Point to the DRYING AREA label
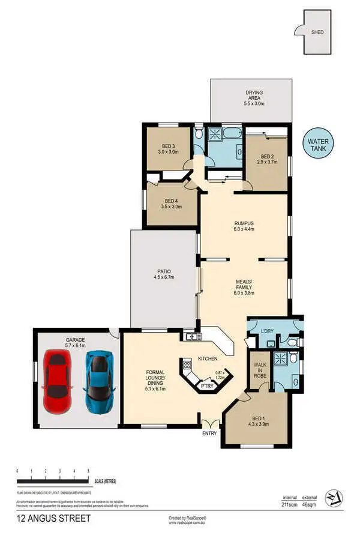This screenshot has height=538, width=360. pos(254,98)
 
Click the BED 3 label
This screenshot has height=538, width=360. pos(168,148)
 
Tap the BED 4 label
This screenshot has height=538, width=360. pos(171,203)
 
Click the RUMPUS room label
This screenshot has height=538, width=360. pos(244,226)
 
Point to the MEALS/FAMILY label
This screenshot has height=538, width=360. pos(244,289)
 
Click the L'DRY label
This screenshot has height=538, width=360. pos(268,331)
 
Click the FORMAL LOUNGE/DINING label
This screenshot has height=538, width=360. pos(155,381)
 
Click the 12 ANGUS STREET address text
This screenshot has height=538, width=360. pos(54,518)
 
